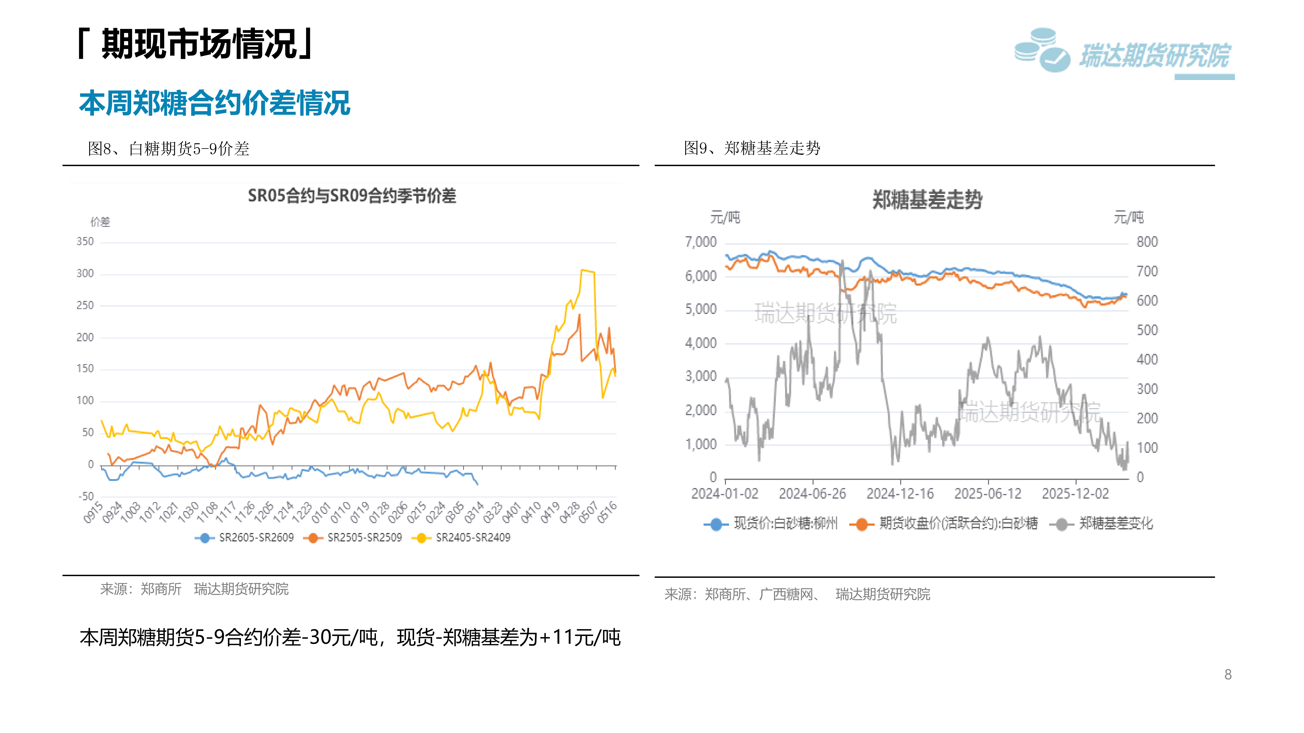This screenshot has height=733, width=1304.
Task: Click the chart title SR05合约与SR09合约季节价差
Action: point(352,196)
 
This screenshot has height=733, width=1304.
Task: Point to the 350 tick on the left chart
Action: point(85,242)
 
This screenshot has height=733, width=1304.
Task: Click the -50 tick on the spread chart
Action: point(86,496)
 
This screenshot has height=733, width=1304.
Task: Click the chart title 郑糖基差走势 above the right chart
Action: point(927,200)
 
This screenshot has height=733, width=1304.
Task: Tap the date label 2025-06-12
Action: point(988,494)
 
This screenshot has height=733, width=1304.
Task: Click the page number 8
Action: point(1228,674)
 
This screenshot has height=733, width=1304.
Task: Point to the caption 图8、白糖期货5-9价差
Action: point(169,149)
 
